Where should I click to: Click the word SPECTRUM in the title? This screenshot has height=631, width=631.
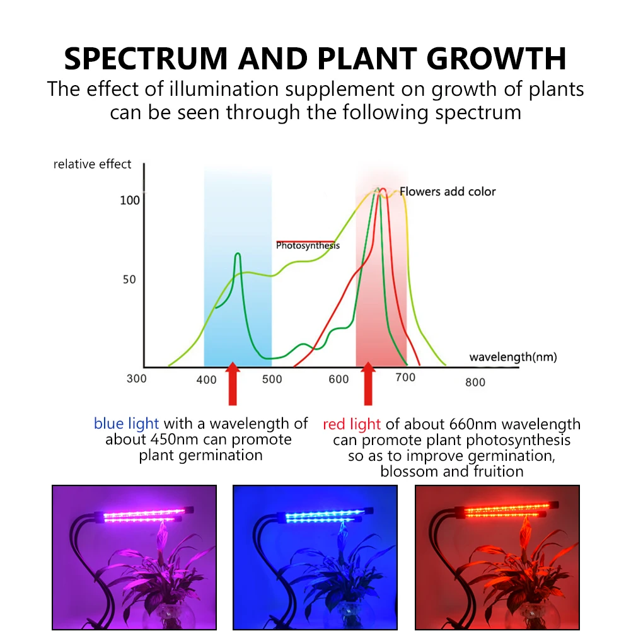point(146,59)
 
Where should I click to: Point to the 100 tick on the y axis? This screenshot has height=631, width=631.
point(130,200)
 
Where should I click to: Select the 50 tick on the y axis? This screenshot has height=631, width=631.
point(129,279)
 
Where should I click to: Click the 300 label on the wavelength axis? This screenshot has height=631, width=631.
point(136,379)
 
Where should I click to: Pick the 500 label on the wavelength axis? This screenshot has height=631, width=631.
point(272,379)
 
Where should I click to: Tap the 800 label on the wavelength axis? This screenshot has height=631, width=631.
point(475,382)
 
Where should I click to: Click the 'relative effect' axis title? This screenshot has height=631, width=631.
point(92,164)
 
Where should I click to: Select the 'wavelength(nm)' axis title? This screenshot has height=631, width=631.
point(513,357)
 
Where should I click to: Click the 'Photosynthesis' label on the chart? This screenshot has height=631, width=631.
point(308,245)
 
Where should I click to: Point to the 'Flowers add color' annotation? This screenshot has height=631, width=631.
point(448,192)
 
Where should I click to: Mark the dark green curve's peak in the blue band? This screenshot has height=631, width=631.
point(238,253)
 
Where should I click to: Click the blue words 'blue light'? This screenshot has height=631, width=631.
point(126,424)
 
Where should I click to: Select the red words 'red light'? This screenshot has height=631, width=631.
point(352,425)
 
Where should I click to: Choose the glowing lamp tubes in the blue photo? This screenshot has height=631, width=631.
point(325,516)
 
